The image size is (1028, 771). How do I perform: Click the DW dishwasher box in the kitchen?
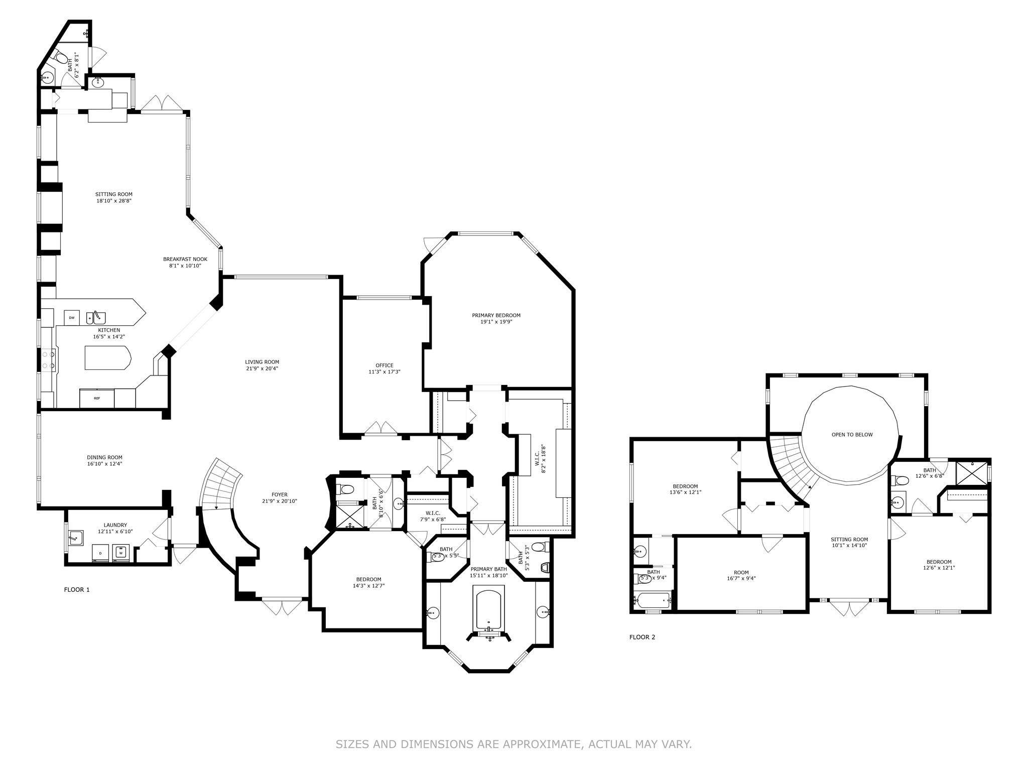[72, 318]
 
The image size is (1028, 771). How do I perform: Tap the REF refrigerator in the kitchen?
[97, 398]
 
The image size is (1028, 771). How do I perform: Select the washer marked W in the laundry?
[121, 553]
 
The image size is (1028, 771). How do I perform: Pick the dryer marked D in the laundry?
[101, 553]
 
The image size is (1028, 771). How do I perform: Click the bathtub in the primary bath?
[489, 610]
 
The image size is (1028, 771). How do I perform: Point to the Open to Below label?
[852, 435]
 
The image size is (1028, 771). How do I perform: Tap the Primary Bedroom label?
[496, 315]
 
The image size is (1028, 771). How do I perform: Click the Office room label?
[384, 365]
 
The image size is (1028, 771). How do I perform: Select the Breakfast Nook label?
[185, 259]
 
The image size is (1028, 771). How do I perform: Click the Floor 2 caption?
[642, 637]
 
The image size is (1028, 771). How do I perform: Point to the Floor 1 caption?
[77, 590]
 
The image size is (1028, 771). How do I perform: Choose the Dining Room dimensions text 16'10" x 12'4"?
[104, 464]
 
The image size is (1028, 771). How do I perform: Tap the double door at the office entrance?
[380, 428]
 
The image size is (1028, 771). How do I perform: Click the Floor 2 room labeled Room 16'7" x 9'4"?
[741, 575]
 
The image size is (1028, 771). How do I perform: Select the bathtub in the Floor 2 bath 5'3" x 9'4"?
[652, 600]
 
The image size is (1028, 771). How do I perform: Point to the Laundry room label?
[112, 525]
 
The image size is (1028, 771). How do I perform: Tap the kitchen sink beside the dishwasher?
[96, 318]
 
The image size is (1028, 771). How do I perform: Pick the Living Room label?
[262, 362]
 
